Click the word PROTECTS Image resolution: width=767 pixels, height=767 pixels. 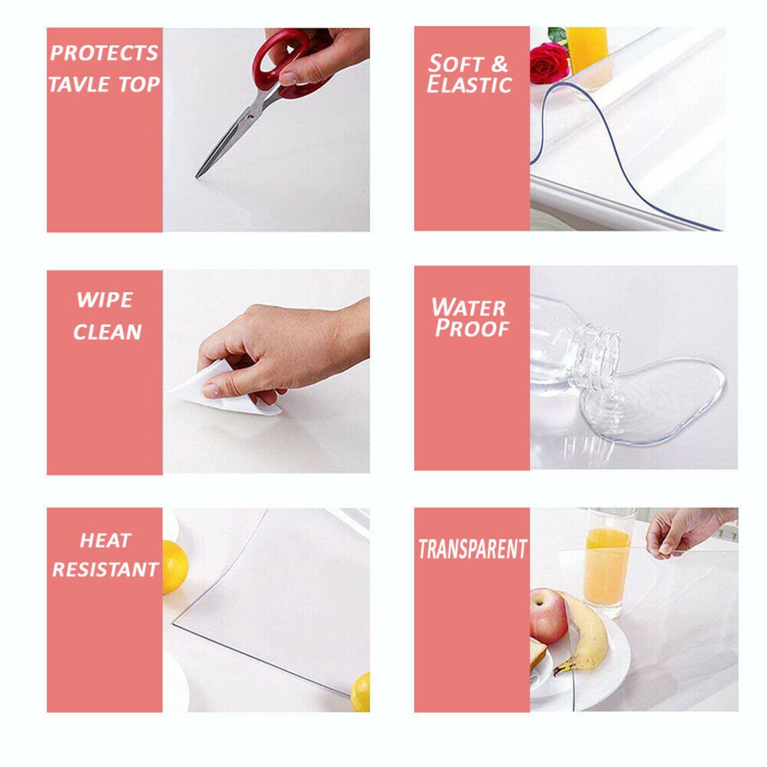(x=104, y=53)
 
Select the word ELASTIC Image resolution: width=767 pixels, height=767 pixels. (x=469, y=85)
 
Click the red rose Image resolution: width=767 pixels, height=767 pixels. (x=548, y=64)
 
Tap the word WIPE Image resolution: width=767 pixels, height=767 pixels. (x=104, y=300)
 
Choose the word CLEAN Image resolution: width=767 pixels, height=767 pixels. (x=107, y=332)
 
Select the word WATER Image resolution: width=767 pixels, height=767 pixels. (x=468, y=307)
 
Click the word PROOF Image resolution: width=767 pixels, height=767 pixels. (x=472, y=328)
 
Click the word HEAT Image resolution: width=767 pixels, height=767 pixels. (x=105, y=540)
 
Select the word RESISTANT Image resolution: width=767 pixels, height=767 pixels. (x=106, y=570)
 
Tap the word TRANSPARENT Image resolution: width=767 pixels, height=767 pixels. (x=472, y=549)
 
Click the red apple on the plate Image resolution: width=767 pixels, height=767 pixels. (x=549, y=616)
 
